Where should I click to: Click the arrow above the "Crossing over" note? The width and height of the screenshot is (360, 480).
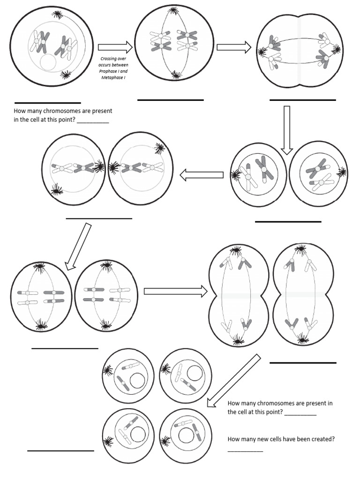coord(115,47)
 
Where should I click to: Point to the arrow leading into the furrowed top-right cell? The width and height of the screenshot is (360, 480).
coord(234,47)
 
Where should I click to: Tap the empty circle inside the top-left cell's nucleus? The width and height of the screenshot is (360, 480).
coord(48,63)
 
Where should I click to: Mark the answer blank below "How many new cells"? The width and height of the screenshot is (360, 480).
coord(245,450)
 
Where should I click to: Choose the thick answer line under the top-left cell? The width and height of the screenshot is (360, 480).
coord(48,103)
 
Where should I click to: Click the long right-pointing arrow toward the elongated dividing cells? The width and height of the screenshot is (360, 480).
coord(175,292)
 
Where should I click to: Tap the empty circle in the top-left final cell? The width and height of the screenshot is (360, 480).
coord(136,381)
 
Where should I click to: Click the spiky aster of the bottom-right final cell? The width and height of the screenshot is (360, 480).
coord(165,442)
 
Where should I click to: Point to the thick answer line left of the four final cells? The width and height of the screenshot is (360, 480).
coord(60,450)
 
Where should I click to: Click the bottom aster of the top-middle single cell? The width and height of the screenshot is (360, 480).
coord(175,74)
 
